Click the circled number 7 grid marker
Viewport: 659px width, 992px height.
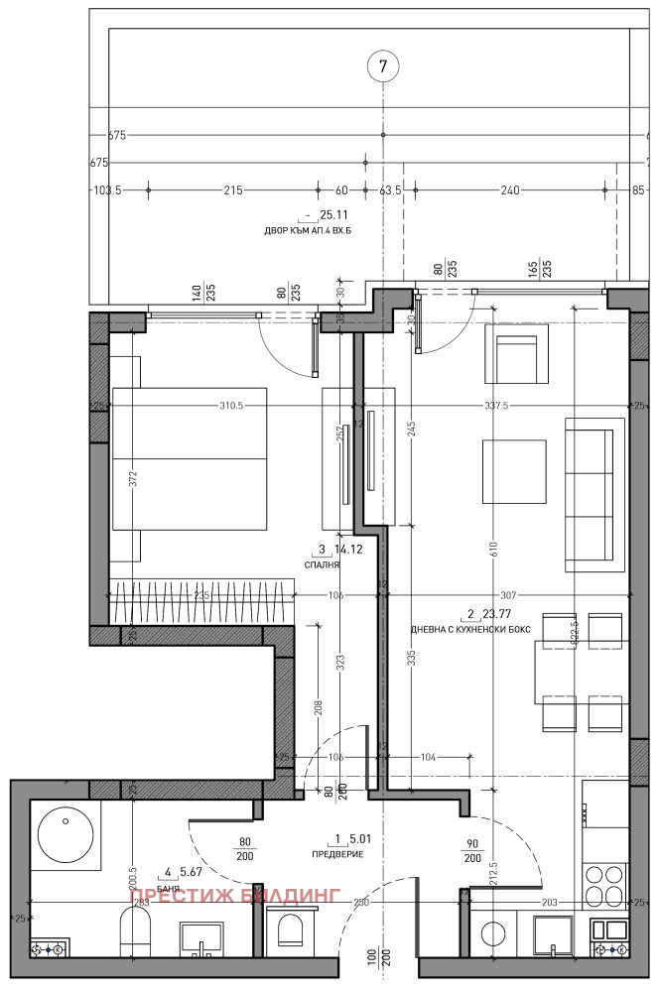383,66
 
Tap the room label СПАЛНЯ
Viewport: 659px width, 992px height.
323,564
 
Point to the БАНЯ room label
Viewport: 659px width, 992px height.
168,888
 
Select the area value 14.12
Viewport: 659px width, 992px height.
347,549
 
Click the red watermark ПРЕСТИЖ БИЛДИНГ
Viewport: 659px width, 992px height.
235,894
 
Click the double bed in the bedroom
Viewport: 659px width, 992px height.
189,458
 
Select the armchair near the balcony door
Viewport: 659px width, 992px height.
516,354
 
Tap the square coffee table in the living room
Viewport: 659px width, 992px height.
513,472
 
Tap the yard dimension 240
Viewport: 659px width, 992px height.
510,190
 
